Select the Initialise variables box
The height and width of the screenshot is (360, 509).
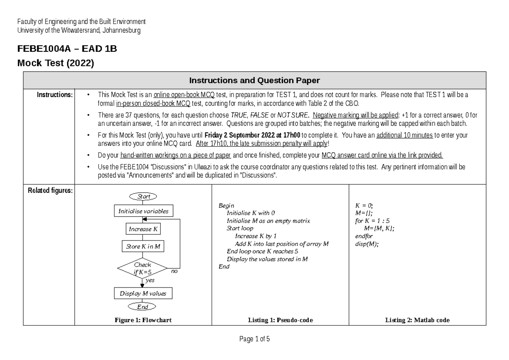[143, 211]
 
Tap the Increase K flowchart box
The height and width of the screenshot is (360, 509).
[143, 229]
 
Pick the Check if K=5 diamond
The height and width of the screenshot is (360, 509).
[143, 268]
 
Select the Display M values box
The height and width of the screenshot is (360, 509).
[143, 293]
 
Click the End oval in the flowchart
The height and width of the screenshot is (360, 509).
[143, 307]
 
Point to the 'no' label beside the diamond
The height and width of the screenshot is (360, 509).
[174, 272]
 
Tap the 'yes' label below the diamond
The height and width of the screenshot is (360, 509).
[150, 280]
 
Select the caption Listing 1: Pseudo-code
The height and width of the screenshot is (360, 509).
[280, 321]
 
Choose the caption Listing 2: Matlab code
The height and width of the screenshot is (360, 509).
[417, 321]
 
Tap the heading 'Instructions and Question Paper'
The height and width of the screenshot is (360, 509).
[254, 81]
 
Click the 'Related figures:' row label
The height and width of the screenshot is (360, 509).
[50, 191]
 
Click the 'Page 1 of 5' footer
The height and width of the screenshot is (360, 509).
[255, 339]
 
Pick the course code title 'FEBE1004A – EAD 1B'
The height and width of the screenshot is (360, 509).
[67, 49]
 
